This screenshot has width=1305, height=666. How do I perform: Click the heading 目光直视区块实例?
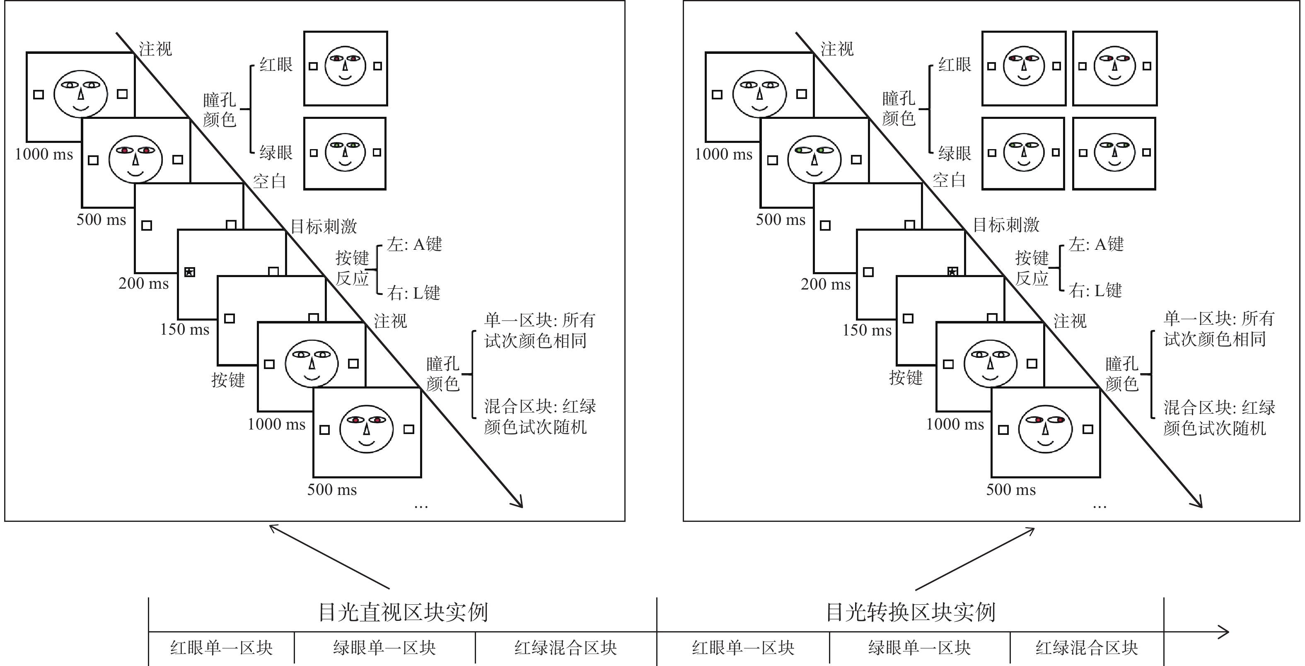coord(403,612)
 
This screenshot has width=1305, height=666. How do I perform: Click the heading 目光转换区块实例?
coord(910,612)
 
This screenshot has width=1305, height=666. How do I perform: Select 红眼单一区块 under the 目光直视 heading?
coord(221,648)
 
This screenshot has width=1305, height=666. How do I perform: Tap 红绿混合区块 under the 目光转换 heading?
coord(1087,648)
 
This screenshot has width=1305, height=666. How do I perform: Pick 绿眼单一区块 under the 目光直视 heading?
coord(384,648)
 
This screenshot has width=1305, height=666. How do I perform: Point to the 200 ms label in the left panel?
coord(143,284)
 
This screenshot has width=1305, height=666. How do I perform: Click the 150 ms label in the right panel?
coord(867,330)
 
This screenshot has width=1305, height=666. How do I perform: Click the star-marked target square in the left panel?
coord(189,272)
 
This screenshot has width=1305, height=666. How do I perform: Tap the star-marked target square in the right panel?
coord(952,272)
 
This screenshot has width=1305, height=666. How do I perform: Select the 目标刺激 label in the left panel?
coord(324,226)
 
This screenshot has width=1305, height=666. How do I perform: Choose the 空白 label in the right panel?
coord(949,180)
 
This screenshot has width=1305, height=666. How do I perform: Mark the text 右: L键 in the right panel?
coord(1095,291)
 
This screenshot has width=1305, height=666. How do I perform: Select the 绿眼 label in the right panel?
coord(955,153)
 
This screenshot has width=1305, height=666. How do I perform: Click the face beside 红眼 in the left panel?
coord(345,66)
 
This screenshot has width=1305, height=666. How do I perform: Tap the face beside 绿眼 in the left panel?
coord(345,152)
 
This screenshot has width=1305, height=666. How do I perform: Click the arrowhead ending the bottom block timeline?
coord(1224,632)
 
